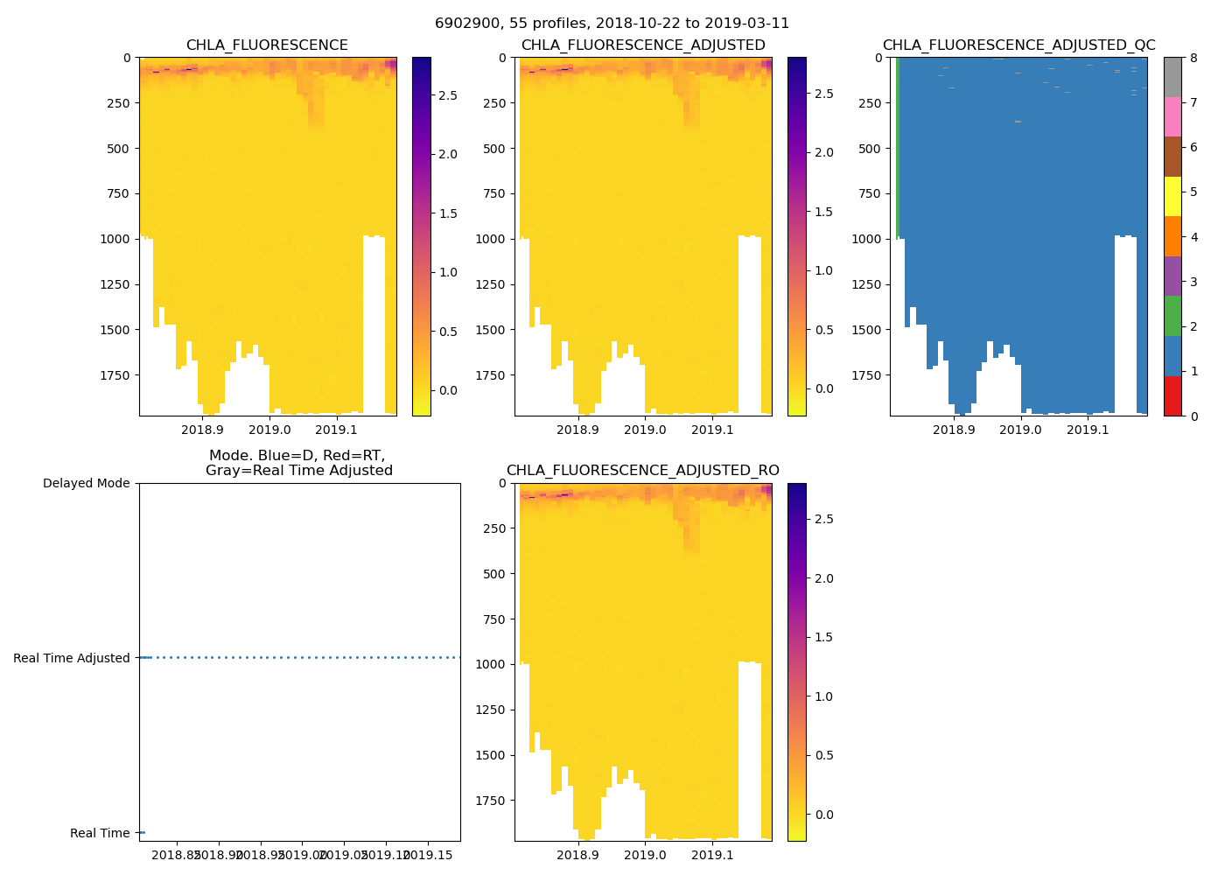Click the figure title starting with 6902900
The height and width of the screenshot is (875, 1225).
[612, 24]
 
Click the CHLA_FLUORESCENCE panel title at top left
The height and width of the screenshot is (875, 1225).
[267, 45]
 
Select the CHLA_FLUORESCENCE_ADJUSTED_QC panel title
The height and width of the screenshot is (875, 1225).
[1018, 45]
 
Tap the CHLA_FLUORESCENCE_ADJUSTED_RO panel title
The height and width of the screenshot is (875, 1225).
[642, 471]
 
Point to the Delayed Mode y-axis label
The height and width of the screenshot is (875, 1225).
[86, 483]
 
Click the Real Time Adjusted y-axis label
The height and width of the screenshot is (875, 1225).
[71, 658]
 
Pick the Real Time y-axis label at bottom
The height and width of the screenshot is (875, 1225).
[100, 833]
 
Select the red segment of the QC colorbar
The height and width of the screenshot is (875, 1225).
[1172, 396]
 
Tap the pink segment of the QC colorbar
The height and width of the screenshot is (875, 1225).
[1172, 117]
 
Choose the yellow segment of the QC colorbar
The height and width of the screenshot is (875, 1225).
[1172, 197]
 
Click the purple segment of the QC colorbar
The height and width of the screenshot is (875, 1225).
[1172, 276]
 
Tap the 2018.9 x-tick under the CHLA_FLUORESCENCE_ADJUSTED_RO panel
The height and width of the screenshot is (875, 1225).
[577, 855]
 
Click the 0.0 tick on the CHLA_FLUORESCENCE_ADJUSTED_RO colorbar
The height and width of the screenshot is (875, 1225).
[824, 815]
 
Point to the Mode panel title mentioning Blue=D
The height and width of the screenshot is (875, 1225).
[298, 463]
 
